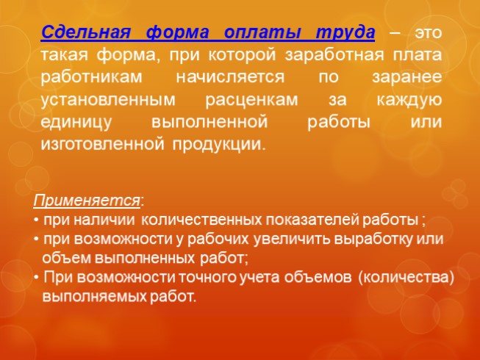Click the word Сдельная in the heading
82,33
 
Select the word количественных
193,220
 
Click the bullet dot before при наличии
37,220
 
